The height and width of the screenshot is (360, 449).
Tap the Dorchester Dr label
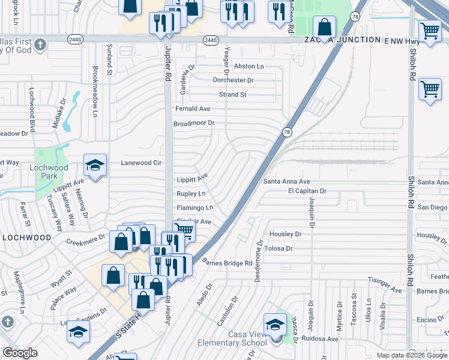pyautogui.click(x=234, y=80)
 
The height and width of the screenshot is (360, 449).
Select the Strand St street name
pyautogui.click(x=233, y=95)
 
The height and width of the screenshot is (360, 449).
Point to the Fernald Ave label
pyautogui.click(x=193, y=109)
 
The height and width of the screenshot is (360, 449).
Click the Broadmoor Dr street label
pyautogui.click(x=194, y=123)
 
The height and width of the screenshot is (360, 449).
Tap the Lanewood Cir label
pyautogui.click(x=142, y=163)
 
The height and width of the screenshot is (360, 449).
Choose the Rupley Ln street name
pyautogui.click(x=191, y=193)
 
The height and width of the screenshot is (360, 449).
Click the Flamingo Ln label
pyautogui.click(x=194, y=208)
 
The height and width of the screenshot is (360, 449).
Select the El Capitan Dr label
pyautogui.click(x=307, y=191)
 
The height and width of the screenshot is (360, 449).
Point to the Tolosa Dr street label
pyautogui.click(x=277, y=248)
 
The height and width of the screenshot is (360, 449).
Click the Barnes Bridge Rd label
pyautogui.click(x=227, y=263)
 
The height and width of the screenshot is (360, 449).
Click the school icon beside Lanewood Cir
pyautogui.click(x=95, y=166)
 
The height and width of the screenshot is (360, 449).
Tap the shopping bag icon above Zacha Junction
pyautogui.click(x=324, y=27)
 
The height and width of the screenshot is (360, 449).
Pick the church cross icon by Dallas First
pyautogui.click(x=40, y=44)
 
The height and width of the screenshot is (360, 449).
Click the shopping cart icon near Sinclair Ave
pyautogui.click(x=184, y=230)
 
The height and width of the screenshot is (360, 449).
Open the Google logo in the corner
pyautogui.click(x=20, y=353)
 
